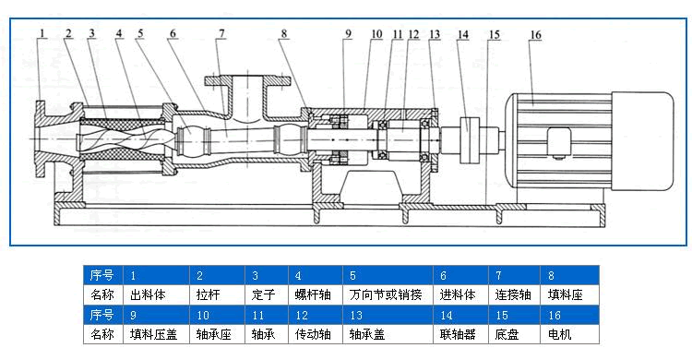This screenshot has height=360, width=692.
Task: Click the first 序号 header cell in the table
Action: (x=102, y=276)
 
